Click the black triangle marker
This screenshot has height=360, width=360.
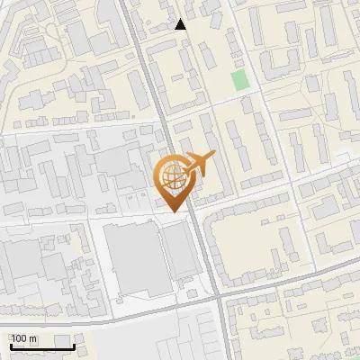tap(181, 24)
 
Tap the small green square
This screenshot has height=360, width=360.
tap(239, 79)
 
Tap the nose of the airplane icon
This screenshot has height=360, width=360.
tap(215, 155)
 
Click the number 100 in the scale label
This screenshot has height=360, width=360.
tap(20, 339)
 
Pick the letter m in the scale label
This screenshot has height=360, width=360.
tap(33, 339)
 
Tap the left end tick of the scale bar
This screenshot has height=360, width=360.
tap(10, 344)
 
